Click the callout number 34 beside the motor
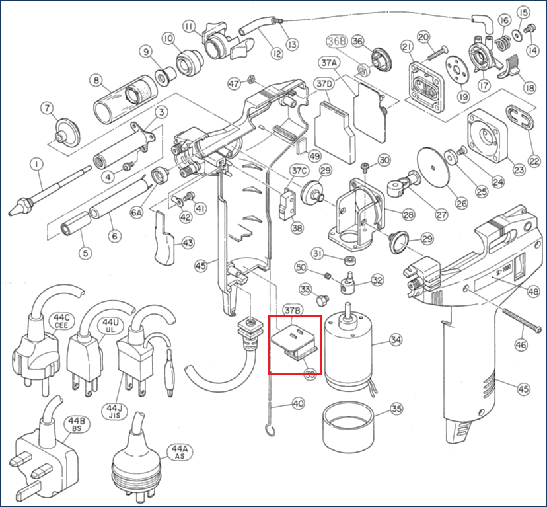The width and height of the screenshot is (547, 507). click(396, 340)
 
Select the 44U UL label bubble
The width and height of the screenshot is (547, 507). click(110, 325)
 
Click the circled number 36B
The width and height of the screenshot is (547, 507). click(337, 40)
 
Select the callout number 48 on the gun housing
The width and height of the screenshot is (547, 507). click(532, 291)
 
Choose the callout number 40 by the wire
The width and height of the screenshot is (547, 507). click(299, 403)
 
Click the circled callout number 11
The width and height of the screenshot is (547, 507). click(190, 26)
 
